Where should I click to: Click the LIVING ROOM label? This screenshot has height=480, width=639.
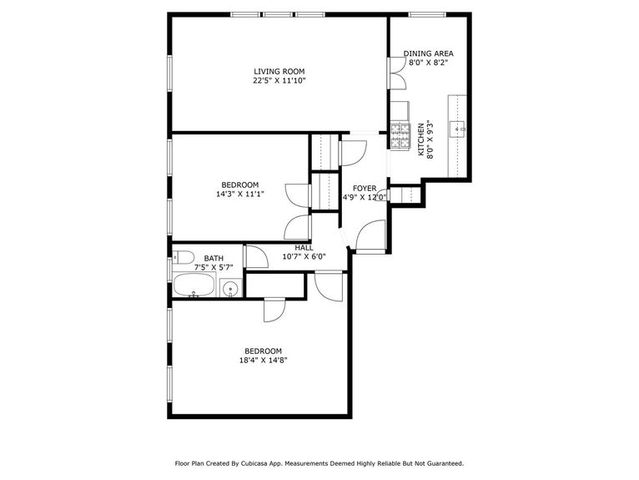279,71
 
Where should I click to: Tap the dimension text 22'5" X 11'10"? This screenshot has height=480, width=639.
279,81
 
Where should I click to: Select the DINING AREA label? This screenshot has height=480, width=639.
429,53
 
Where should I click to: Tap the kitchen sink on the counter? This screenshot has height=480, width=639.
459,129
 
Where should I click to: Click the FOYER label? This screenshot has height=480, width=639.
364,188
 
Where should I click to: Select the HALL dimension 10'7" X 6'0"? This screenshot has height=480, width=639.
304,257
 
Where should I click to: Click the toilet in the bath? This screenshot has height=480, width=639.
184,256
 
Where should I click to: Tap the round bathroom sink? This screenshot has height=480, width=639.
231,290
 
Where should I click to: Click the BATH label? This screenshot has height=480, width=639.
214,259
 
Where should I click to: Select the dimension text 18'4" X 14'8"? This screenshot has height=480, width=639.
263,361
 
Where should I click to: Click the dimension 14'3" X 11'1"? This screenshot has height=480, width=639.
239,195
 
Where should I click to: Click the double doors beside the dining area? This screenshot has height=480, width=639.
395,73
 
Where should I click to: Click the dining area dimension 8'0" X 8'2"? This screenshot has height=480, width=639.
429,63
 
